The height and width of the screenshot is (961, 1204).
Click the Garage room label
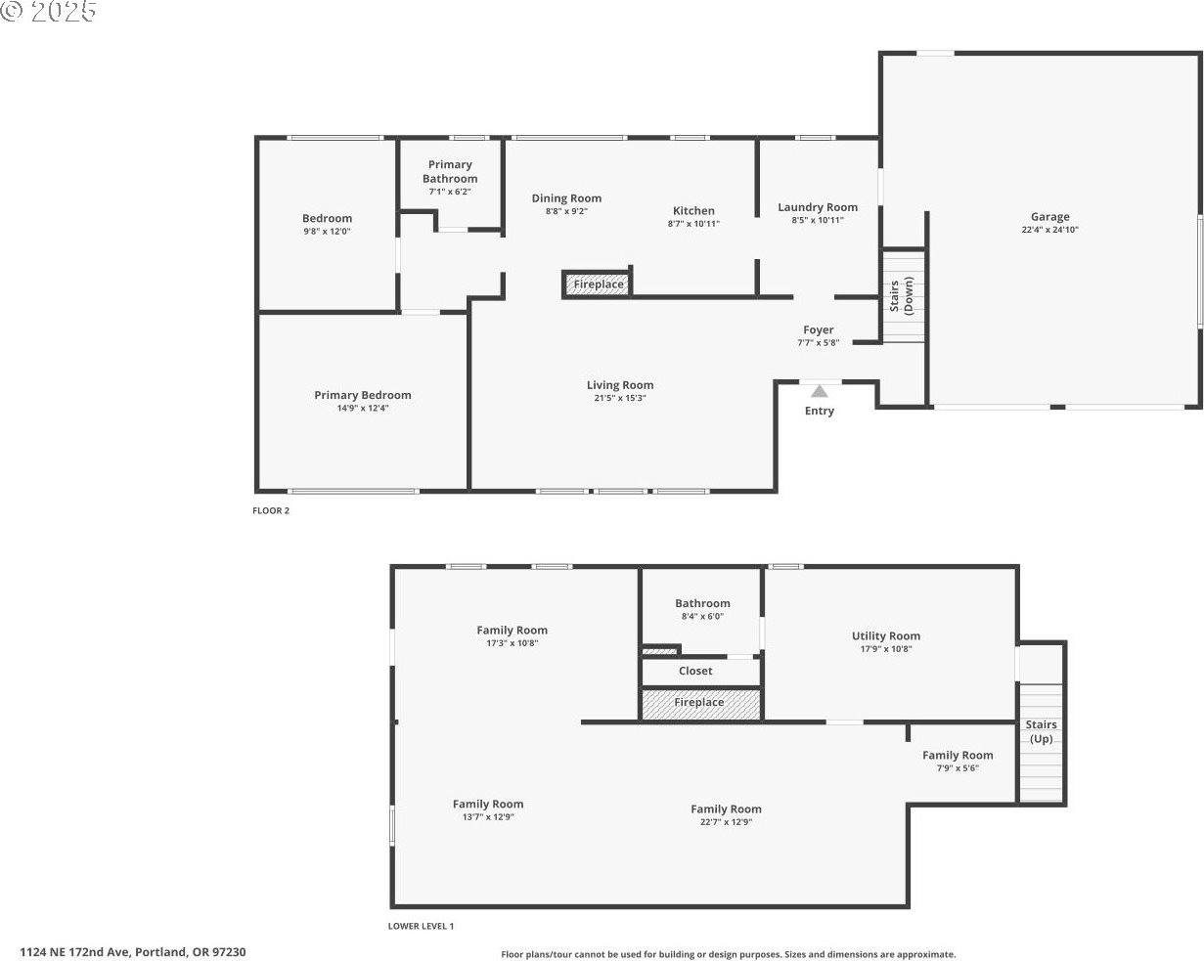(x=1049, y=217)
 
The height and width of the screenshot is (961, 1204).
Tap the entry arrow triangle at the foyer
(x=820, y=391)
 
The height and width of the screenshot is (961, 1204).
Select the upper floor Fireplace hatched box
(x=597, y=284)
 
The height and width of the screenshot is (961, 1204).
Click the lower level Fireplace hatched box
(x=700, y=703)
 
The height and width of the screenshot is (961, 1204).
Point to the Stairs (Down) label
(x=901, y=296)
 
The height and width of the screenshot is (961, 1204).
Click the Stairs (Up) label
(x=1041, y=731)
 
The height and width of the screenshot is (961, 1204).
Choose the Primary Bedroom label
(x=362, y=395)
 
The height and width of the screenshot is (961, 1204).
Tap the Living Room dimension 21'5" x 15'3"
(x=619, y=398)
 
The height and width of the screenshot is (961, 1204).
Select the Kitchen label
(x=693, y=210)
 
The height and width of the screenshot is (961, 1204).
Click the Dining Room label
(x=566, y=198)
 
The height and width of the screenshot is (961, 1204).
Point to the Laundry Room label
(x=818, y=207)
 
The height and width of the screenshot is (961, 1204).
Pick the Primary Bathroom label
(x=450, y=171)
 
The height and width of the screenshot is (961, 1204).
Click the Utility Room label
(x=885, y=635)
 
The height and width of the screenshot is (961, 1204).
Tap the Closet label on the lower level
(x=695, y=672)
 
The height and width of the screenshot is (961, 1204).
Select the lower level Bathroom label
(x=702, y=603)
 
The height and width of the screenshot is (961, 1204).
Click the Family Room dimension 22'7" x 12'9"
(x=726, y=822)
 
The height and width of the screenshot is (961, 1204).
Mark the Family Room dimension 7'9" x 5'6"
(x=958, y=767)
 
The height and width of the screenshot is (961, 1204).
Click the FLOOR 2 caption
(x=271, y=510)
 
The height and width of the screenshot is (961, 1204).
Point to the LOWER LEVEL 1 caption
(x=421, y=926)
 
